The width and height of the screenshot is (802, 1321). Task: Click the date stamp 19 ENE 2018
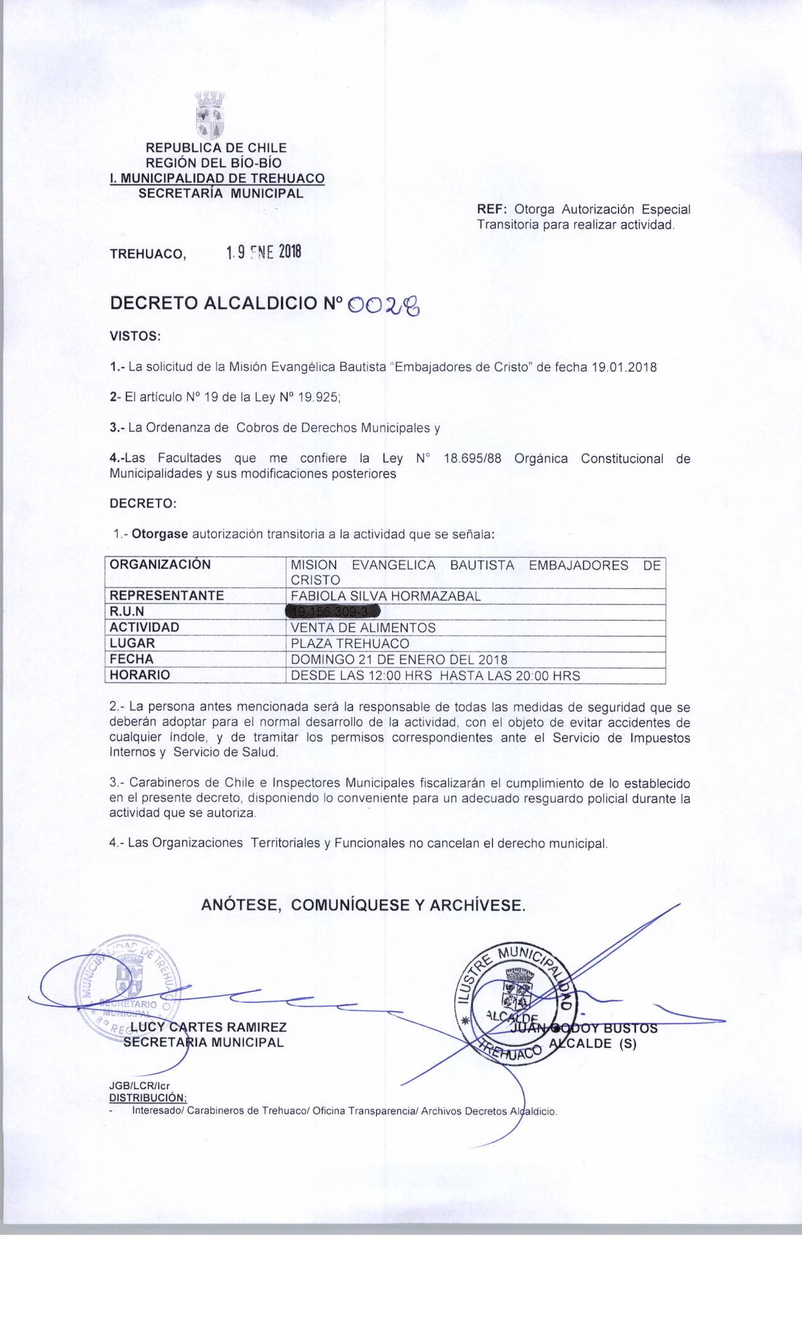[264, 253]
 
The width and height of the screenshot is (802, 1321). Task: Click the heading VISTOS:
[136, 337]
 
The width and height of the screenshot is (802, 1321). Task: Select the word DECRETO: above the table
[143, 504]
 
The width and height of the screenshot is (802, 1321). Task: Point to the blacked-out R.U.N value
[333, 611]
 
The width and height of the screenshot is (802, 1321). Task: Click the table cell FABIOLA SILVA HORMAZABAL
[385, 596]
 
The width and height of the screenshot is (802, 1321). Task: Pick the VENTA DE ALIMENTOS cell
[363, 628]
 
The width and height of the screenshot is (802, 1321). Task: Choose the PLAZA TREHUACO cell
[350, 644]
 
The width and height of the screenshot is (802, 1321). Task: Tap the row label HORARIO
[140, 675]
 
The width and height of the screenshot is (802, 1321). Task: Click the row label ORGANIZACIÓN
[160, 565]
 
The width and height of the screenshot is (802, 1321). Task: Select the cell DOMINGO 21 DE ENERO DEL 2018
[399, 659]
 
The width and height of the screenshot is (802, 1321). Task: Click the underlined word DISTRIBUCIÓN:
[144, 1098]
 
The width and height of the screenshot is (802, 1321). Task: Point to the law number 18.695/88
[472, 459]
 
